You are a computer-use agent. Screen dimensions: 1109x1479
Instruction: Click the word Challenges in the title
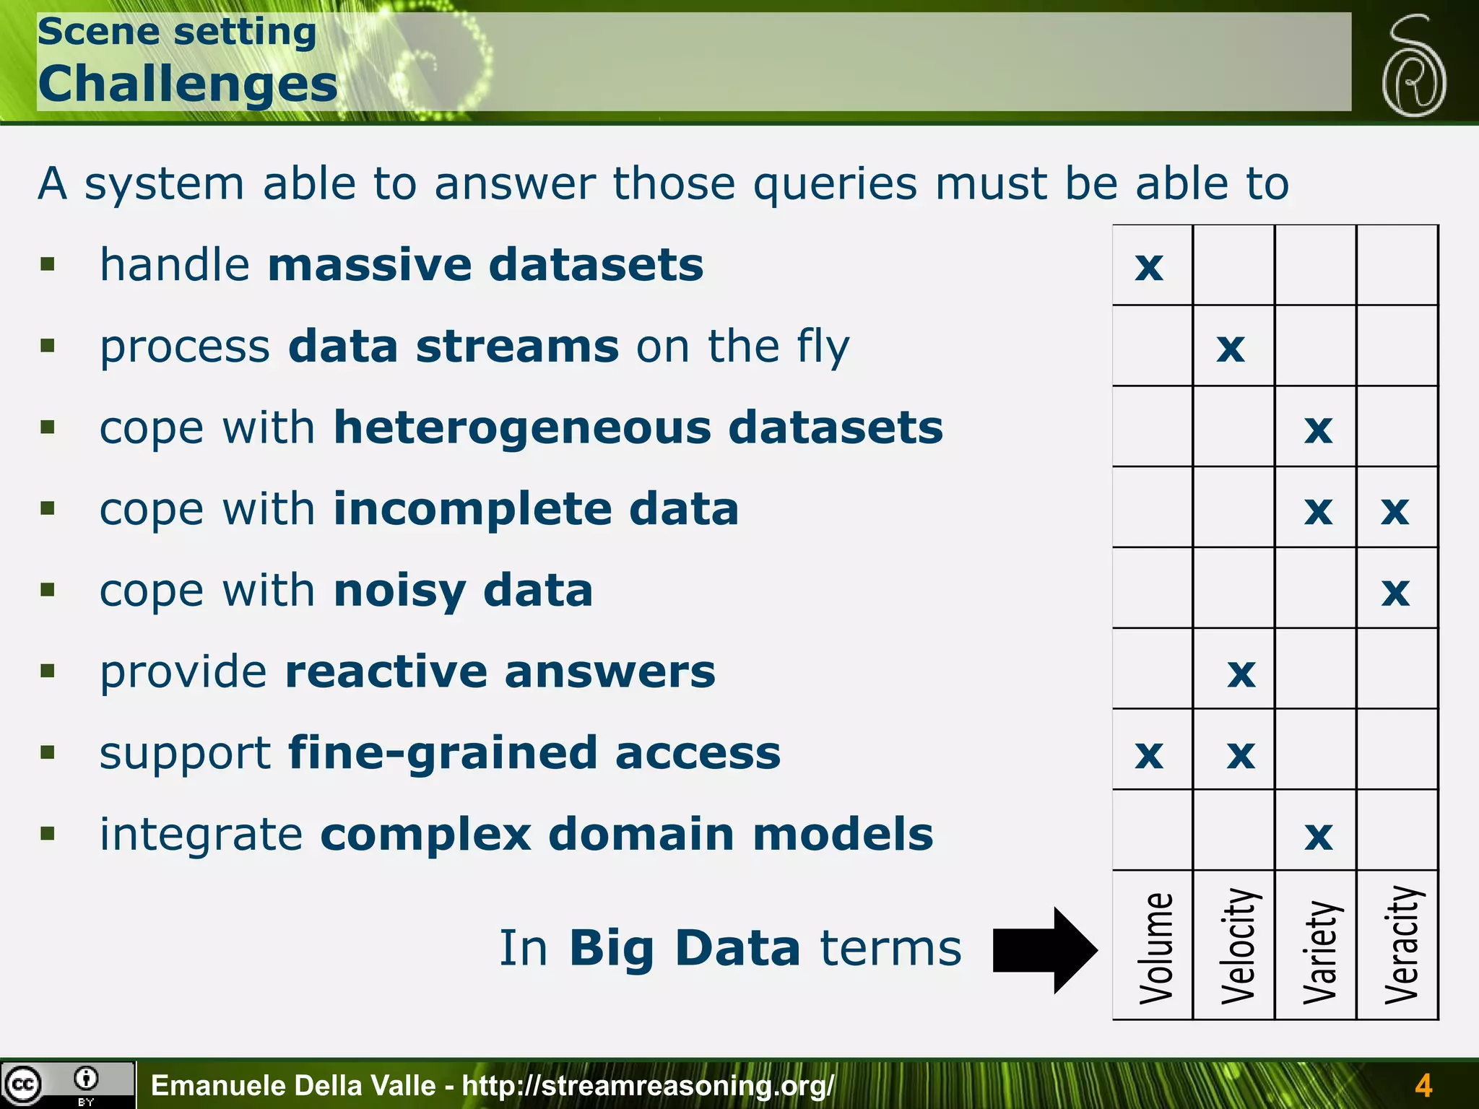tap(188, 84)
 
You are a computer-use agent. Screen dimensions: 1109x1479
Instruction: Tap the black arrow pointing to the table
tap(1044, 950)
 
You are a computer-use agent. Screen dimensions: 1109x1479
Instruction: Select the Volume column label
tap(1155, 947)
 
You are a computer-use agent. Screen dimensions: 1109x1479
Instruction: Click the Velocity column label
tap(1238, 946)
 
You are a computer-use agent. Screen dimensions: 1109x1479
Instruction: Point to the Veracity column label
tap(1401, 944)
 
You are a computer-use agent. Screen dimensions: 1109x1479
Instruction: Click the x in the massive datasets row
tap(1149, 266)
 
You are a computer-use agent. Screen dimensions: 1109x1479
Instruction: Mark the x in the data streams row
tap(1231, 348)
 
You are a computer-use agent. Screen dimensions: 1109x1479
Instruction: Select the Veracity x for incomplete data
tap(1395, 510)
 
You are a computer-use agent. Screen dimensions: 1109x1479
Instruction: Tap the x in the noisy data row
tap(1395, 592)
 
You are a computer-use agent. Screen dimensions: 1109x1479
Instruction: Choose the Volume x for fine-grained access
tap(1149, 754)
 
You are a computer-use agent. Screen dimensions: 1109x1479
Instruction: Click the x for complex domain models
tap(1319, 836)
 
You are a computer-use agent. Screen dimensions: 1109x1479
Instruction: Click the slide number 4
tap(1423, 1085)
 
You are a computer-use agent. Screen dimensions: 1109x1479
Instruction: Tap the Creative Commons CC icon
tap(23, 1084)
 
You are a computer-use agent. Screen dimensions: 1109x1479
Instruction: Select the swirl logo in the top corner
tap(1413, 66)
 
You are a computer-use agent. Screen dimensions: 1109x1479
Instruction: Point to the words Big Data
tap(684, 947)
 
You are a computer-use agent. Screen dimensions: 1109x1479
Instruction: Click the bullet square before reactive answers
tap(48, 671)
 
